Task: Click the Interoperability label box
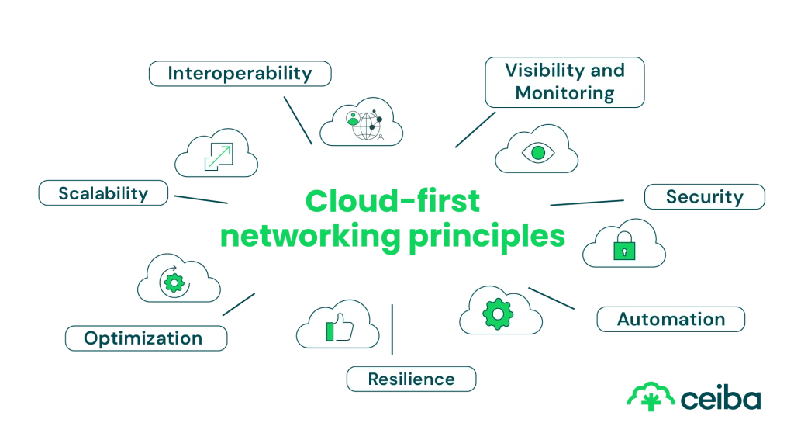click(240, 74)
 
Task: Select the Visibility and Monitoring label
click(564, 81)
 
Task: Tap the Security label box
click(704, 197)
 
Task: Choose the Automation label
click(670, 319)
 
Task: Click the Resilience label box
click(411, 379)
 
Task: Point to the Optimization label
click(146, 338)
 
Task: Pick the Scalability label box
click(103, 193)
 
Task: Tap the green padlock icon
click(623, 248)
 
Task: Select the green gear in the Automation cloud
click(498, 314)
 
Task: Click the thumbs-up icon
click(339, 328)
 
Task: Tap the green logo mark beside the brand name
click(650, 397)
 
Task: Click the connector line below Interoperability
click(297, 120)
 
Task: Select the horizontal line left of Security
click(585, 204)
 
